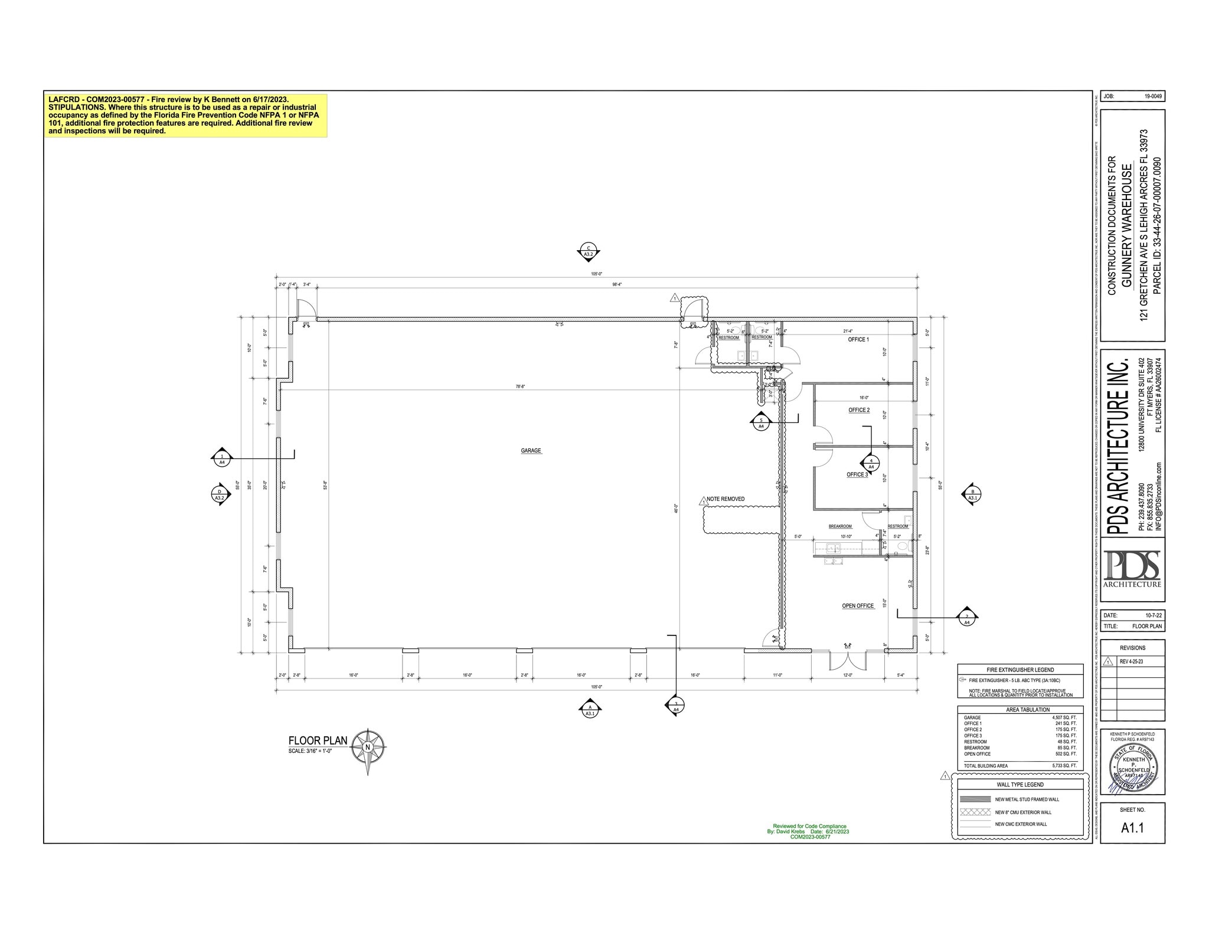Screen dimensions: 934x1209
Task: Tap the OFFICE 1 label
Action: click(858, 340)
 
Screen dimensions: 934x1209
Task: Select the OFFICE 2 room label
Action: click(859, 410)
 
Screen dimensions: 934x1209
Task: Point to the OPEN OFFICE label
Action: click(858, 606)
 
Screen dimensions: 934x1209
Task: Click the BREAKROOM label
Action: click(840, 526)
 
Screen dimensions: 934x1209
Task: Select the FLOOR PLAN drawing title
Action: click(318, 741)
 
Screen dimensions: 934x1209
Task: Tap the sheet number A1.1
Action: click(1132, 828)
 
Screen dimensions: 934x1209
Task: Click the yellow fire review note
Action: click(185, 116)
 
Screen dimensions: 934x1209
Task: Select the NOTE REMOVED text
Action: click(726, 499)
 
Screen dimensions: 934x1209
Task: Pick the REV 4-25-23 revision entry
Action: click(1131, 661)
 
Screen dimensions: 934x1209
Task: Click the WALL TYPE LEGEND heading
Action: click(1020, 785)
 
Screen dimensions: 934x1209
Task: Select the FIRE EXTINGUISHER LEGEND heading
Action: click(1020, 670)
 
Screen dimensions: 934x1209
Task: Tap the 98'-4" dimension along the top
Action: click(617, 284)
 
